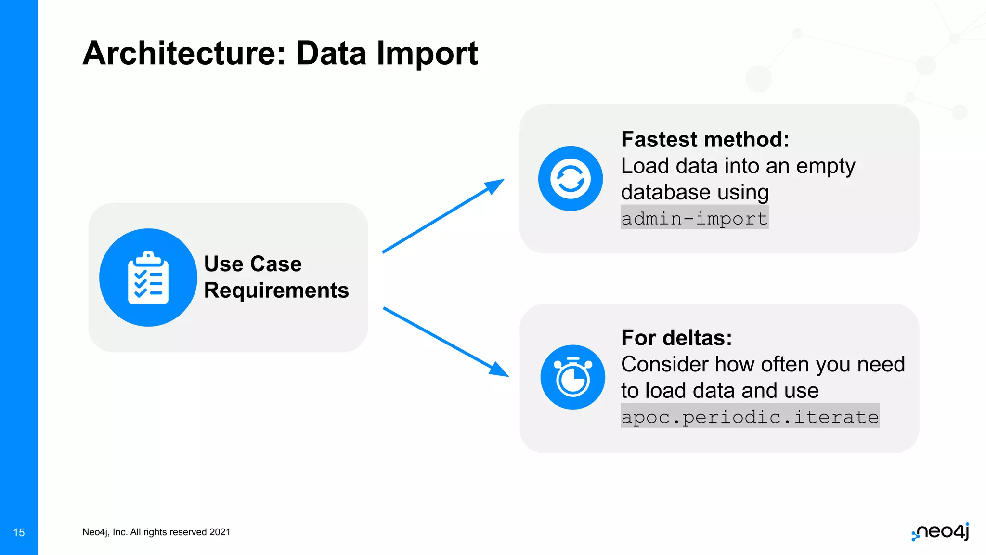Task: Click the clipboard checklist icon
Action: [148, 277]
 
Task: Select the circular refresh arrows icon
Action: [571, 179]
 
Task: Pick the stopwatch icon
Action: [573, 377]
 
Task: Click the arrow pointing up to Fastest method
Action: [443, 215]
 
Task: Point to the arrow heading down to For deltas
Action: [445, 342]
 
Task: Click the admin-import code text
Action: [694, 218]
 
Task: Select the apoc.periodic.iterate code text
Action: [750, 416]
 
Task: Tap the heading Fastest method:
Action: [705, 140]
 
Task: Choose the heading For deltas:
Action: [676, 338]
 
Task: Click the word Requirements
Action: [276, 291]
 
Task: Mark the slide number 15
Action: [19, 532]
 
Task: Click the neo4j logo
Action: [941, 531]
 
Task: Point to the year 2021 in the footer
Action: [220, 532]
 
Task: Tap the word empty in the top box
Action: [826, 167]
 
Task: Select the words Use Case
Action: [253, 264]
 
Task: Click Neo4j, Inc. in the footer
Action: [104, 532]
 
